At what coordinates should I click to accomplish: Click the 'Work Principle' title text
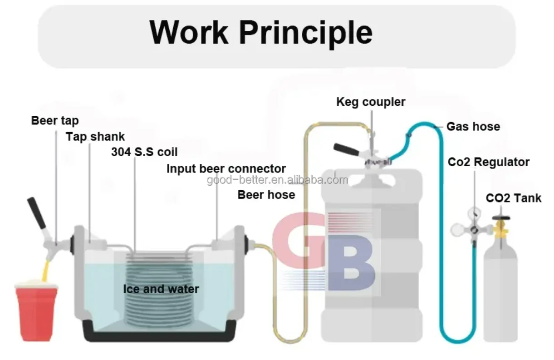pyautogui.click(x=261, y=32)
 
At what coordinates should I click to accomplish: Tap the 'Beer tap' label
pyautogui.click(x=55, y=121)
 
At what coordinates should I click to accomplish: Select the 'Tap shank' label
pyautogui.click(x=95, y=137)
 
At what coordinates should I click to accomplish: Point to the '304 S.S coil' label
pyautogui.click(x=144, y=152)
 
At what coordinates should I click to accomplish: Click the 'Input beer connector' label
pyautogui.click(x=226, y=169)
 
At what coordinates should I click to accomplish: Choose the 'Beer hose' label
pyautogui.click(x=266, y=195)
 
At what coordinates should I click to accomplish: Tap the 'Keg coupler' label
pyautogui.click(x=371, y=102)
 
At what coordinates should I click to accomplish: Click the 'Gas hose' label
pyautogui.click(x=473, y=127)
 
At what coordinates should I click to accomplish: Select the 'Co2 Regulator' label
pyautogui.click(x=489, y=162)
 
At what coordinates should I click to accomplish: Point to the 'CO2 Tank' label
pyautogui.click(x=514, y=198)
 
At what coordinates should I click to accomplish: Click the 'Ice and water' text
pyautogui.click(x=161, y=289)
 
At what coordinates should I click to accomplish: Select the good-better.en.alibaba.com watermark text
pyautogui.click(x=277, y=181)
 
